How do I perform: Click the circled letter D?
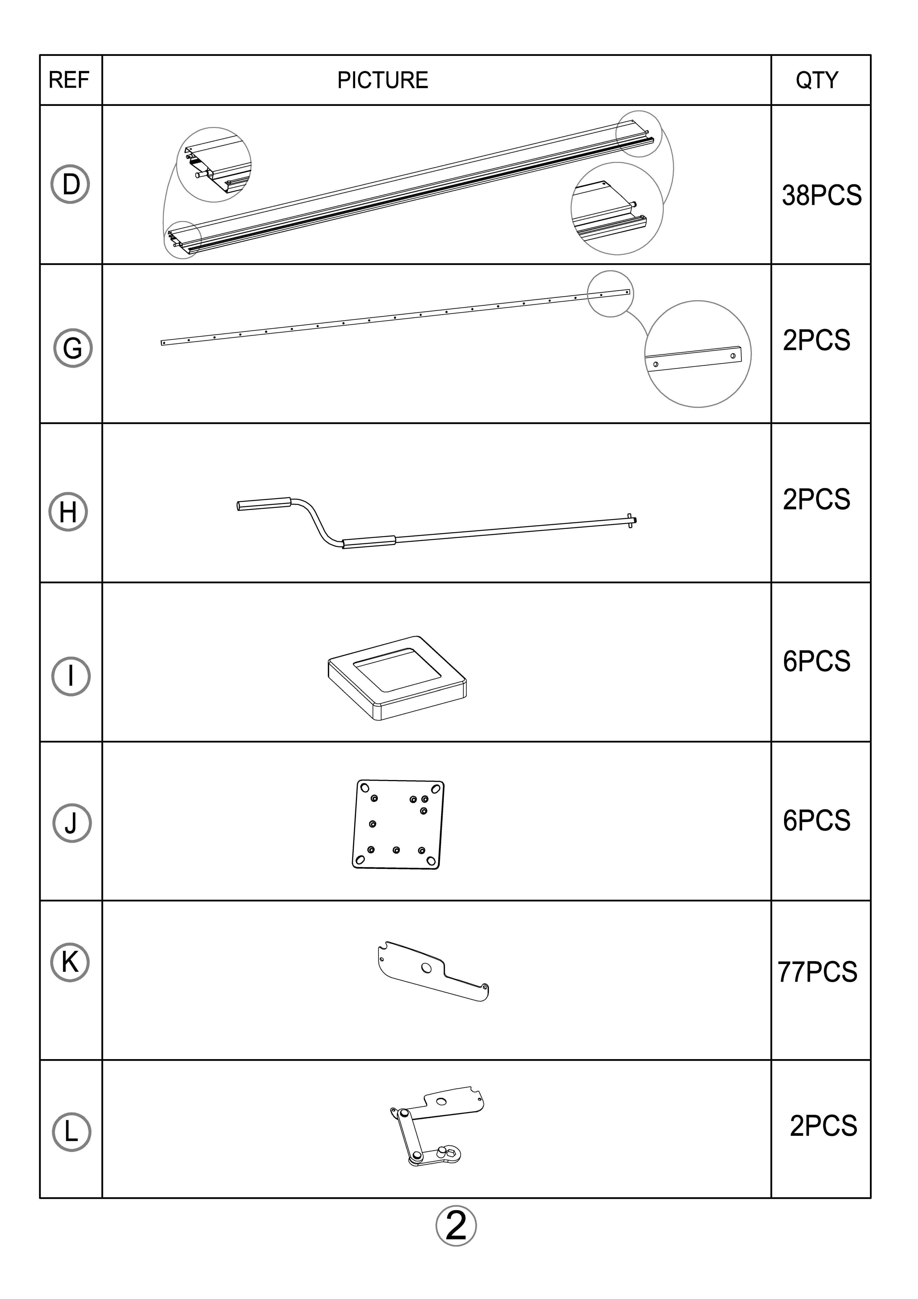click(71, 185)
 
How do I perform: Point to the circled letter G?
click(73, 348)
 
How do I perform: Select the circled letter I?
click(71, 675)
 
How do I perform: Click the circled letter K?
click(70, 962)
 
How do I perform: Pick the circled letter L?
click(71, 1132)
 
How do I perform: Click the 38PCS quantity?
click(821, 195)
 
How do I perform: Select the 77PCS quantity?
click(817, 972)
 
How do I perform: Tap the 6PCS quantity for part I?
click(816, 661)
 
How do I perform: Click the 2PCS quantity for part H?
click(816, 500)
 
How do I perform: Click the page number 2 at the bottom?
click(456, 1226)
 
